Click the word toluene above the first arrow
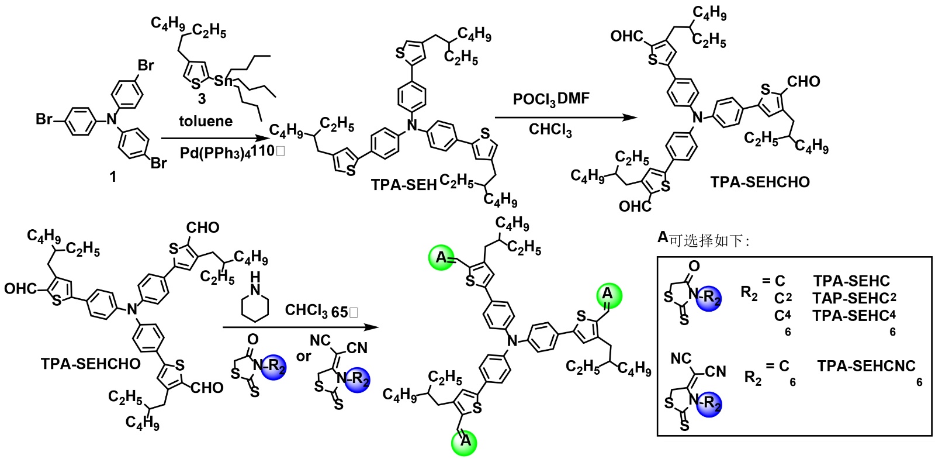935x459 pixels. tap(206, 121)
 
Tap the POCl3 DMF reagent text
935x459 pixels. tap(551, 99)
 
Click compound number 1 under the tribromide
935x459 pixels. tap(113, 176)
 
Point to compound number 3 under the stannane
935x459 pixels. tap(202, 99)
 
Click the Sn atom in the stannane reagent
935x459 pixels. tap(223, 81)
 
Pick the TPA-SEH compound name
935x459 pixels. tap(404, 185)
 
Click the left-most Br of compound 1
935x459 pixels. tap(44, 119)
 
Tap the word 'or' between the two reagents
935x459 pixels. tap(304, 356)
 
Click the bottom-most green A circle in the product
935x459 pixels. tap(465, 441)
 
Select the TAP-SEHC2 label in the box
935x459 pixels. tap(854, 298)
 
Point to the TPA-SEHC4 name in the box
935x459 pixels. tap(854, 316)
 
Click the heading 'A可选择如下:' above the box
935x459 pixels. tap(703, 239)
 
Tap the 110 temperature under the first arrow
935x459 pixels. tap(262, 151)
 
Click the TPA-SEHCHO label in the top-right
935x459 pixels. tap(760, 182)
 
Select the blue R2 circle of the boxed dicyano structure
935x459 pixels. tap(709, 403)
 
